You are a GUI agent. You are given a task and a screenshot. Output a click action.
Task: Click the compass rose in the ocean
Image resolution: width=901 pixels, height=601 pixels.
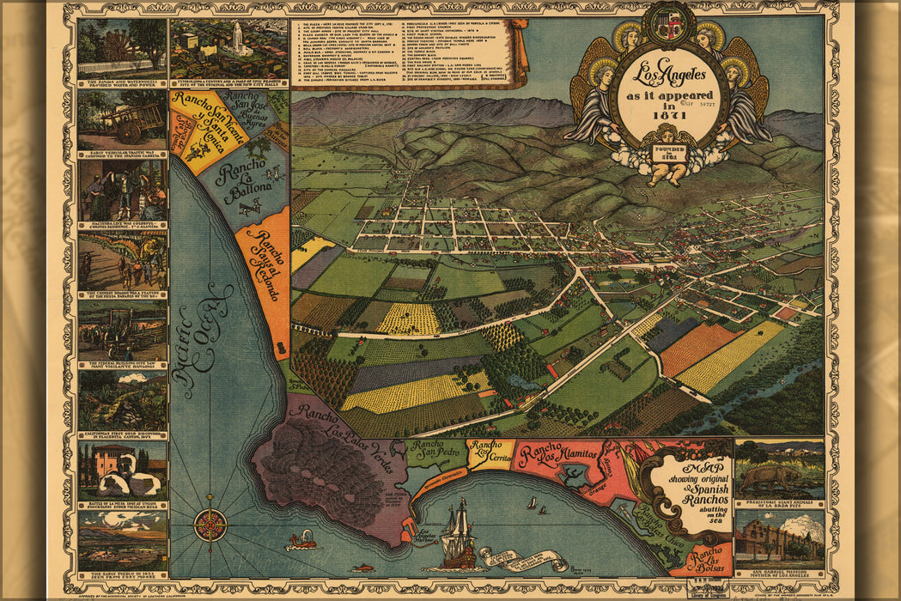pos(210,524)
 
